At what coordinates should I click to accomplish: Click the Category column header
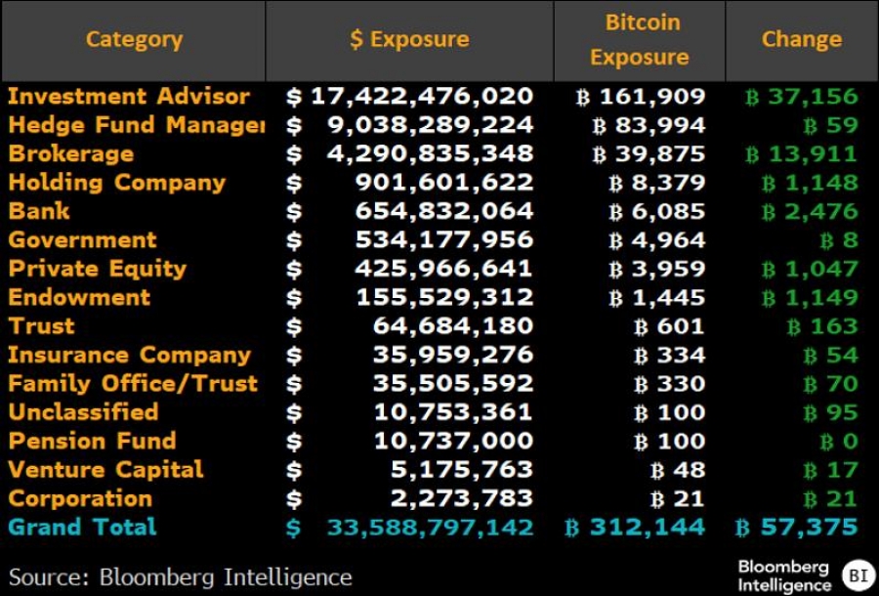pyautogui.click(x=134, y=40)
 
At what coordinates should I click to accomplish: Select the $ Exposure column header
pyautogui.click(x=409, y=40)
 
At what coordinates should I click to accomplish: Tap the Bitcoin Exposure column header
pyautogui.click(x=639, y=40)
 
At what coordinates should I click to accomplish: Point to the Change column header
pyautogui.click(x=801, y=40)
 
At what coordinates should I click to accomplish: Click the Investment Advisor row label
pyautogui.click(x=129, y=97)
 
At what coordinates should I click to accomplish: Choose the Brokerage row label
pyautogui.click(x=71, y=154)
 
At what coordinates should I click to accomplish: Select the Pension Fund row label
pyautogui.click(x=92, y=441)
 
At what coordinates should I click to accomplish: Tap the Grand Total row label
pyautogui.click(x=82, y=528)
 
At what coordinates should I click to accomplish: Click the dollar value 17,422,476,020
pyautogui.click(x=422, y=97)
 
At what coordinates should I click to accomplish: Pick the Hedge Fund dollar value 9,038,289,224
pyautogui.click(x=436, y=125)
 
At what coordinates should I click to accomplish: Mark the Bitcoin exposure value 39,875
pyautogui.click(x=649, y=154)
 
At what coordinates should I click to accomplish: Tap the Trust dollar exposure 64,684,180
pyautogui.click(x=453, y=326)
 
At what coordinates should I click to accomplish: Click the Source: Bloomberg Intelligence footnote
pyautogui.click(x=181, y=576)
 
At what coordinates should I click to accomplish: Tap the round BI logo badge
pyautogui.click(x=858, y=575)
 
